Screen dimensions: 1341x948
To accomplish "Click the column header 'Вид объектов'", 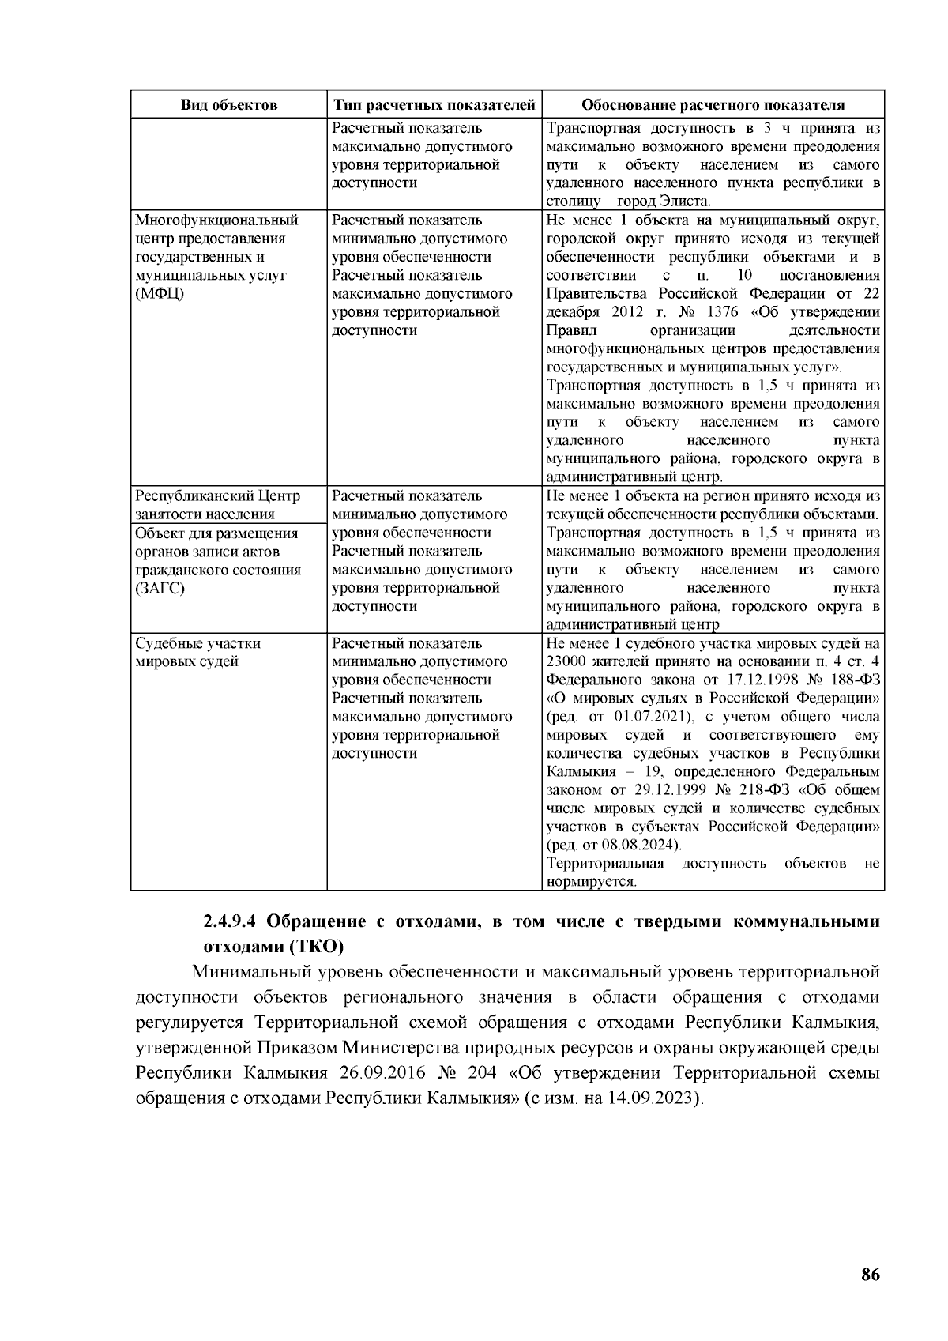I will pyautogui.click(x=229, y=105).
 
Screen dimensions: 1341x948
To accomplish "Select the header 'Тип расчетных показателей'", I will pyautogui.click(x=434, y=105).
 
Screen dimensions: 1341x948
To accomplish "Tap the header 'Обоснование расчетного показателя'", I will pyautogui.click(x=713, y=105).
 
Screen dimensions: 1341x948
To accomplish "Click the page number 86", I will pyautogui.click(x=871, y=1275).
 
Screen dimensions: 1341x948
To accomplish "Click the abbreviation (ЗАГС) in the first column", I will pyautogui.click(x=160, y=589).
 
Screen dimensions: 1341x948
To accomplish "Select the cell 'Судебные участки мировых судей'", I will pyautogui.click(x=197, y=653).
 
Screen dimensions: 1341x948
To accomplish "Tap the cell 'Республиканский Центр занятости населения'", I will pyautogui.click(x=217, y=505).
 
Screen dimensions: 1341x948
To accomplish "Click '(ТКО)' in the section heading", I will pyautogui.click(x=316, y=946).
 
